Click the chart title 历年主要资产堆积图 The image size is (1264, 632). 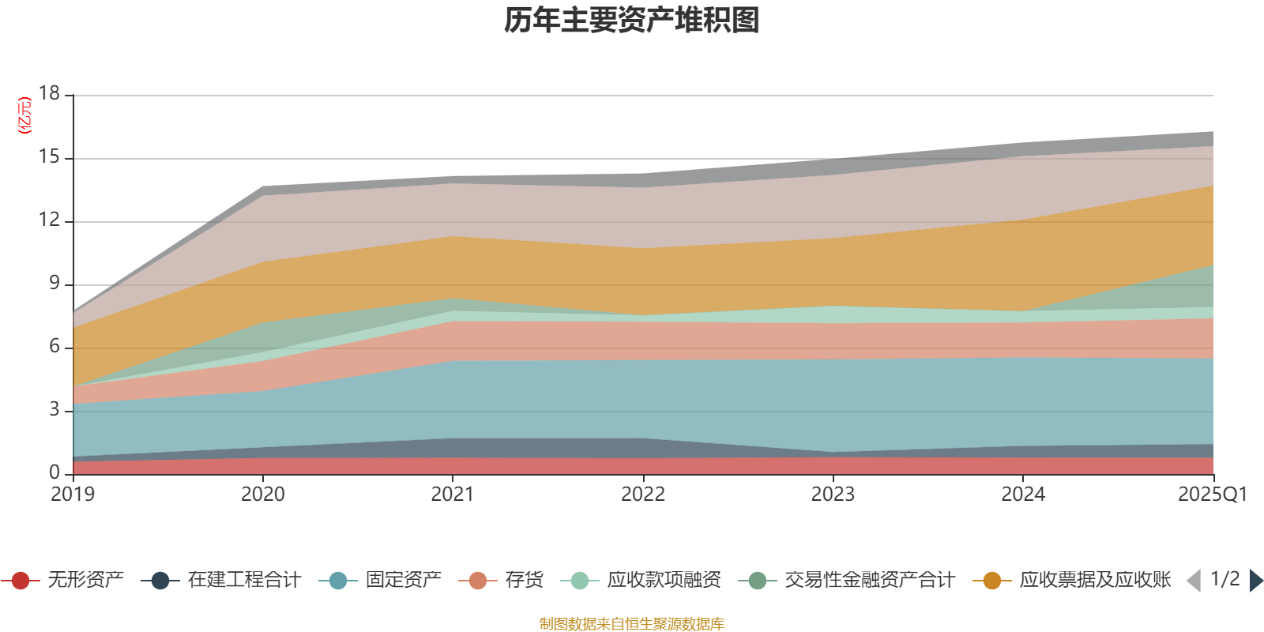[x=632, y=21]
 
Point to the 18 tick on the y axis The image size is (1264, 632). [x=49, y=93]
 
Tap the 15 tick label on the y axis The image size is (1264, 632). [x=49, y=157]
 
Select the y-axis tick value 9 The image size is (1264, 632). [x=54, y=283]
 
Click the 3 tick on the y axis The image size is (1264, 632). [x=54, y=409]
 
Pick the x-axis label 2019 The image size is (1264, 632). [x=73, y=495]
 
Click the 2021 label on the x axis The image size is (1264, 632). [x=452, y=495]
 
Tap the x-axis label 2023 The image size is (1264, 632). [x=833, y=495]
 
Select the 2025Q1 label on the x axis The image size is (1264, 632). [x=1212, y=495]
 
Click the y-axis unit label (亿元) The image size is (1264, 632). [x=25, y=115]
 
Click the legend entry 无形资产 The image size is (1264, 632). [x=85, y=581]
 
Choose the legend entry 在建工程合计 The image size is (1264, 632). [x=243, y=581]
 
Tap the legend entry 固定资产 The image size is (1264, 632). [x=403, y=581]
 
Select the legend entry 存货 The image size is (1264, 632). [x=524, y=581]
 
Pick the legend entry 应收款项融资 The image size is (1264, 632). [x=664, y=581]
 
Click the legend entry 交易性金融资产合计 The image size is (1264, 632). [x=869, y=581]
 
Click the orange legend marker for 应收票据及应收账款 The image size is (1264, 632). [x=991, y=581]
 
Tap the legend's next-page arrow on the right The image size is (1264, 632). [x=1255, y=581]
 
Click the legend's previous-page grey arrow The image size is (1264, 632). [x=1194, y=581]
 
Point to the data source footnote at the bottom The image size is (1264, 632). [x=632, y=624]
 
